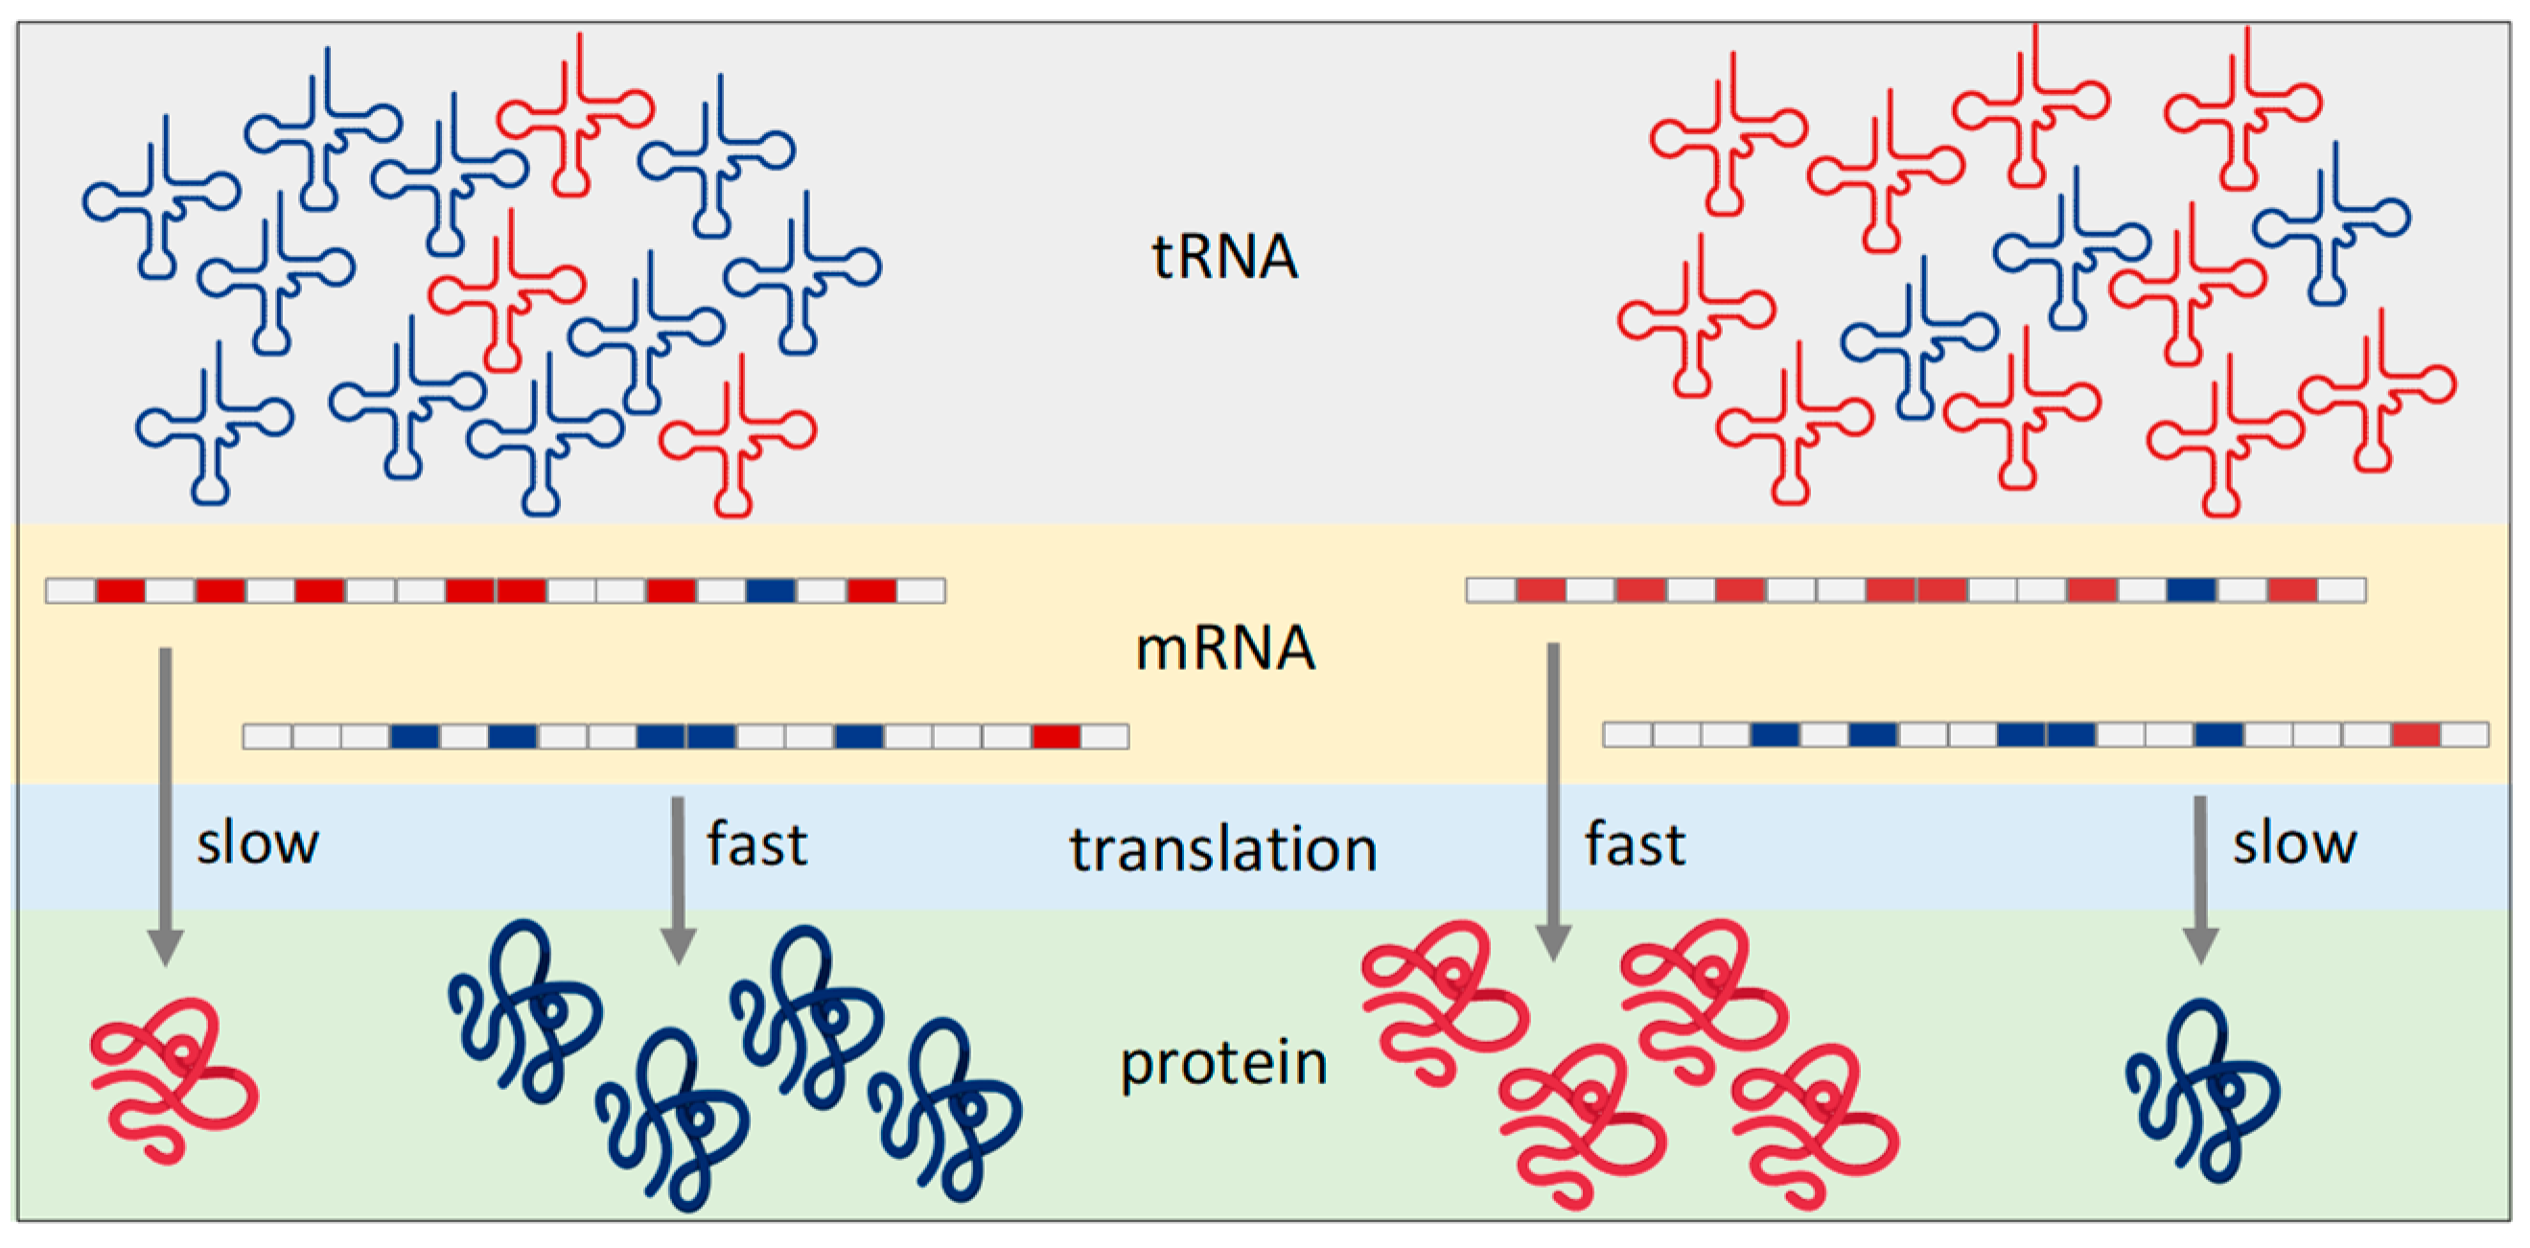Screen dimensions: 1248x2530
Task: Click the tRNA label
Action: pyautogui.click(x=1223, y=257)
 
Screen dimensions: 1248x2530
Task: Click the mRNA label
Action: pyautogui.click(x=1223, y=649)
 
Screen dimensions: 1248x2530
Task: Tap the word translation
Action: pyautogui.click(x=1223, y=849)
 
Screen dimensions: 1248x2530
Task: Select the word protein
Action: pyautogui.click(x=1223, y=1063)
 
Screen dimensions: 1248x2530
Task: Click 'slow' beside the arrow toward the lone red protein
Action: pyautogui.click(x=257, y=844)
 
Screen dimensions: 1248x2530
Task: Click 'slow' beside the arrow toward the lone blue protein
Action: pyautogui.click(x=2294, y=844)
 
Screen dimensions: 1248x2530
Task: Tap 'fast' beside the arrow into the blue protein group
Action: pyautogui.click(x=756, y=844)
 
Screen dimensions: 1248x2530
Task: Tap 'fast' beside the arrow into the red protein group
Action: pyautogui.click(x=1635, y=844)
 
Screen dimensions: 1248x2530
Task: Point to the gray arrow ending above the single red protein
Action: pyautogui.click(x=166, y=805)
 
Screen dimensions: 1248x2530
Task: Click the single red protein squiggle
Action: pyautogui.click(x=174, y=1080)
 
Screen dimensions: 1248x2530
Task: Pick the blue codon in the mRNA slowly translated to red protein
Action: pyautogui.click(x=770, y=590)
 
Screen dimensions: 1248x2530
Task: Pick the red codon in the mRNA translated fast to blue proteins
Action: pyautogui.click(x=1056, y=736)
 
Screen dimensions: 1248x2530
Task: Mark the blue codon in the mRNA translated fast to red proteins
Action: pyautogui.click(x=2192, y=590)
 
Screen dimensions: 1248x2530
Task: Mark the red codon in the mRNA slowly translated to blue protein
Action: pyautogui.click(x=2415, y=734)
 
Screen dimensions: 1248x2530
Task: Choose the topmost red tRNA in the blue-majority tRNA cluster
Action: pyautogui.click(x=575, y=118)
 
